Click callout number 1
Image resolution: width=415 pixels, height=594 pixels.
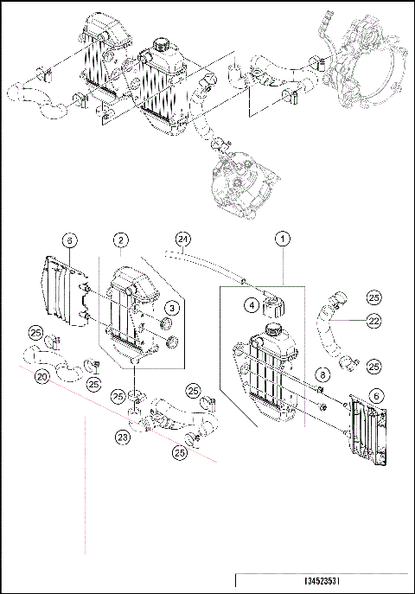[281, 237]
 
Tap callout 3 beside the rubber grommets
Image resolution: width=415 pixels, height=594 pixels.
[173, 307]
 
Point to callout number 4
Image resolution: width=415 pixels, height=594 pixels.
[249, 304]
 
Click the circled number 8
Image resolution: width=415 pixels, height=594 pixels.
[321, 374]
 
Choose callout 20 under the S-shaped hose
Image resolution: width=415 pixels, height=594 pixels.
[41, 377]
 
